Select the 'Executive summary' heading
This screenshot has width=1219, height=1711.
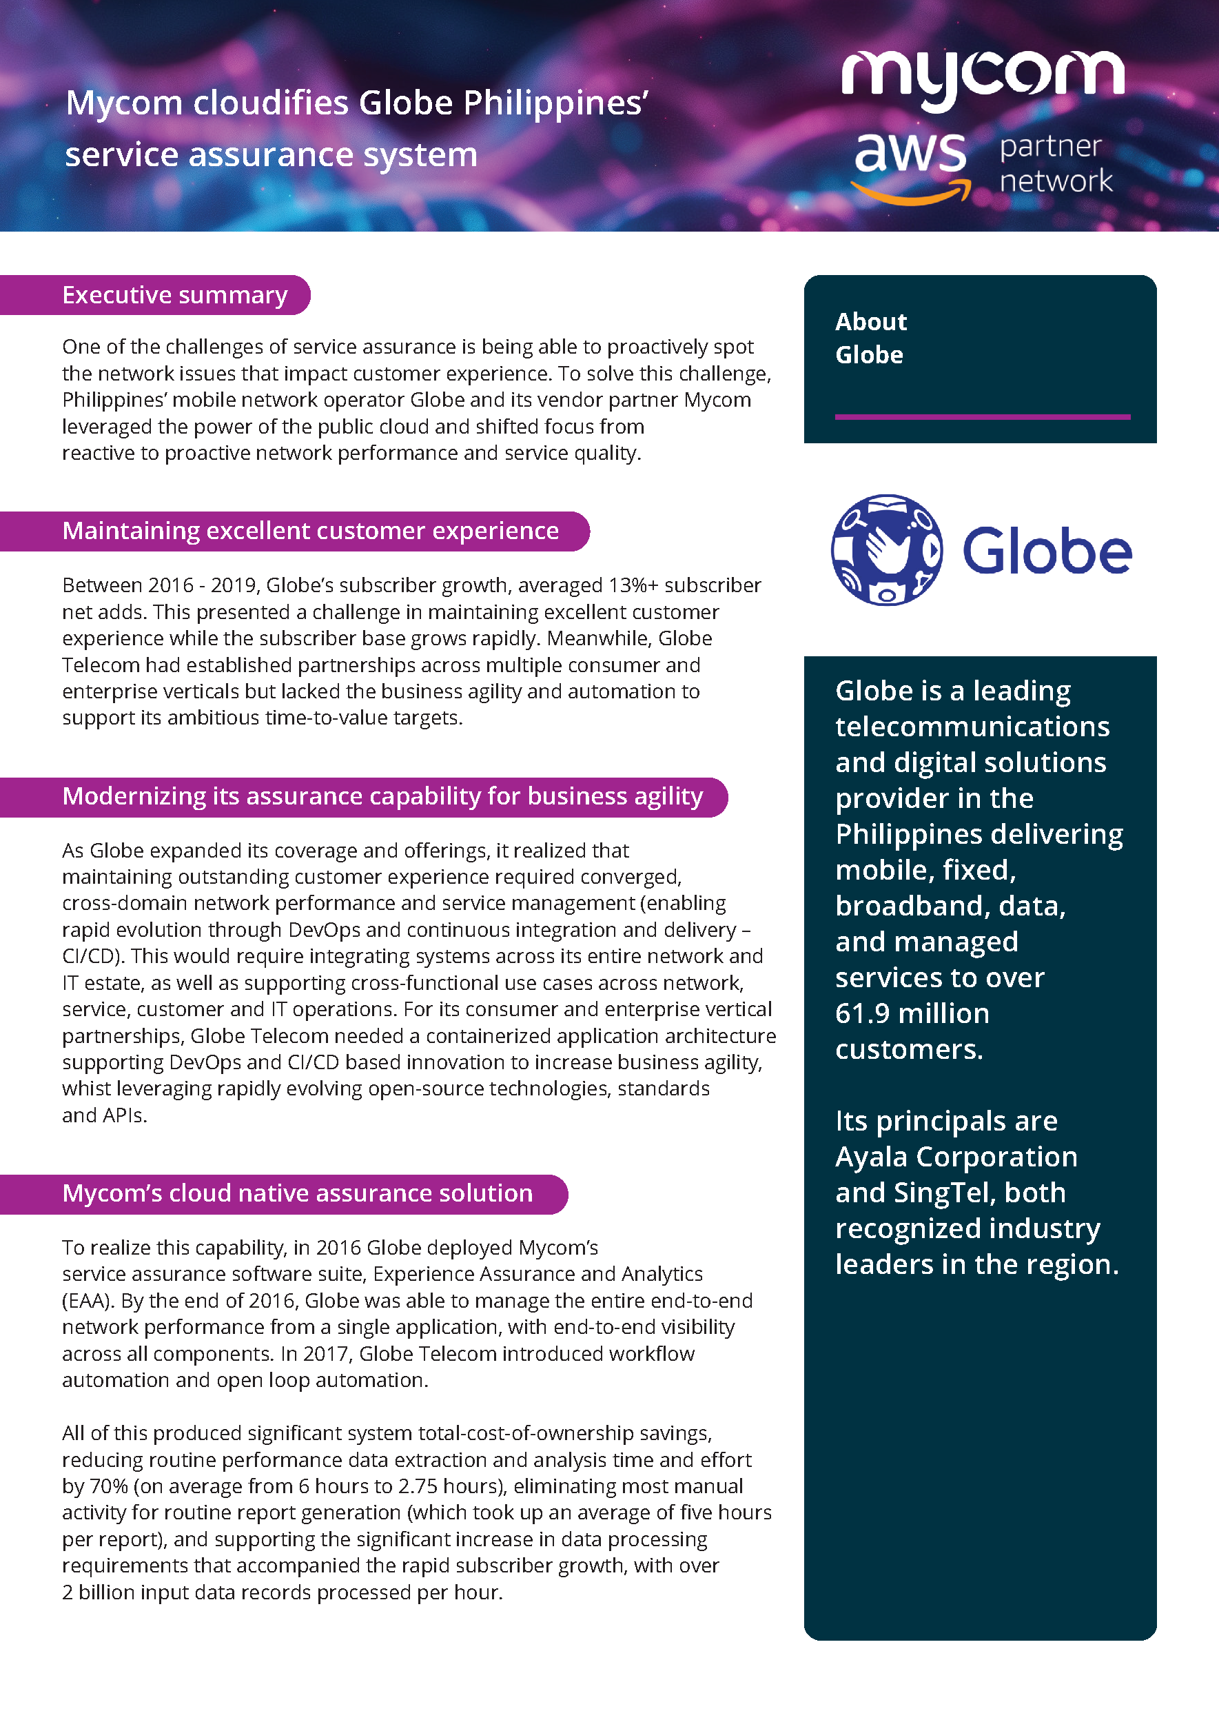tap(174, 295)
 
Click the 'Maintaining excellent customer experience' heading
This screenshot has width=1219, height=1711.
tap(310, 531)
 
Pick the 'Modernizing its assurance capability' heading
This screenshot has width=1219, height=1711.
tap(382, 796)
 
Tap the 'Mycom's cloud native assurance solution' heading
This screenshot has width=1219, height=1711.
tap(297, 1193)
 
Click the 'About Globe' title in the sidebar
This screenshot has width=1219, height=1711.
tap(871, 338)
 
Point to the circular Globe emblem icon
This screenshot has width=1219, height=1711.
tap(886, 549)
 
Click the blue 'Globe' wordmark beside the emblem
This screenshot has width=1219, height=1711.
tap(1046, 551)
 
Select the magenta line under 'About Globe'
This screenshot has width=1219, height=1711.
tap(982, 416)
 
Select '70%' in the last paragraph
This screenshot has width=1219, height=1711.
tap(108, 1486)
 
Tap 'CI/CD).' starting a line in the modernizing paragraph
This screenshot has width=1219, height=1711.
tap(94, 956)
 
